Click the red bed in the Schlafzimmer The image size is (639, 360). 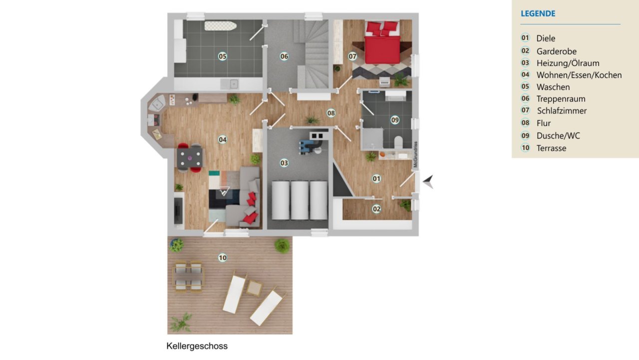click(382, 43)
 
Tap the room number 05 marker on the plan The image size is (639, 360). click(223, 56)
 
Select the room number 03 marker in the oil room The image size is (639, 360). click(284, 163)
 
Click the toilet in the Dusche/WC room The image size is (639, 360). click(398, 142)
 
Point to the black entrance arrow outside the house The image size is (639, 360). click(428, 181)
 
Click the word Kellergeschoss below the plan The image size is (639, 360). click(197, 346)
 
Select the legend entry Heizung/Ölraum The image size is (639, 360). click(568, 63)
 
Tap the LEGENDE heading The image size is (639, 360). click(538, 13)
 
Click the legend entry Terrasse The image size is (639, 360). click(551, 148)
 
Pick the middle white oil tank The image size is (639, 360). click(300, 200)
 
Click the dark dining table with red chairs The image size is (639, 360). click(190, 158)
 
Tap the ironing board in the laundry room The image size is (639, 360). click(221, 26)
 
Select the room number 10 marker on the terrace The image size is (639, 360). click(223, 258)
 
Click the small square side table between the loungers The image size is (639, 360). click(254, 288)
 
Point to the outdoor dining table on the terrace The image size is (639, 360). click(188, 277)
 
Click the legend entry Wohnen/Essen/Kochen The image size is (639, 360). click(579, 75)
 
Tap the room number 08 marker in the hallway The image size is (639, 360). click(331, 113)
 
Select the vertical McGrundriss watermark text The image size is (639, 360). click(416, 155)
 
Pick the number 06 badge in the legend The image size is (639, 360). click(525, 98)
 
